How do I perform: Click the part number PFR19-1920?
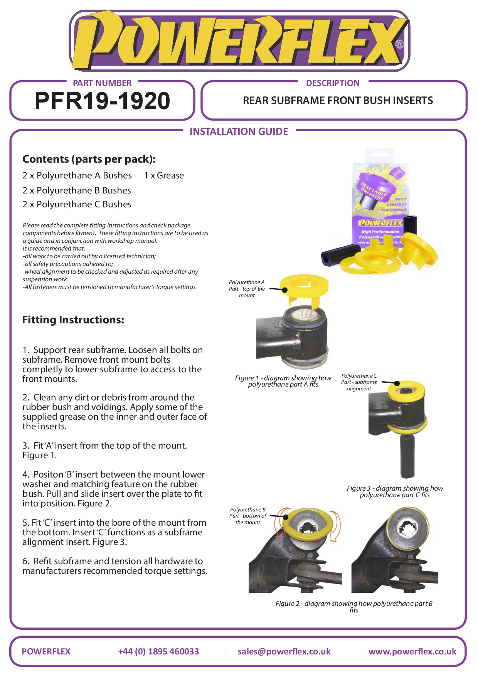(102, 101)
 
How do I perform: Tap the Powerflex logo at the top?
(239, 40)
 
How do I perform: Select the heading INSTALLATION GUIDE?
(239, 132)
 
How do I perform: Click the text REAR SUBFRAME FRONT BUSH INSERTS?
(338, 101)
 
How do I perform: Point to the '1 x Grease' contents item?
(164, 175)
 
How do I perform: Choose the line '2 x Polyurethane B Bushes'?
(77, 190)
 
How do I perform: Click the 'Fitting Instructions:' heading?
(73, 320)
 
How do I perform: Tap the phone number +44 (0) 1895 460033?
(158, 651)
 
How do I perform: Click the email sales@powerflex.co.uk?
(284, 651)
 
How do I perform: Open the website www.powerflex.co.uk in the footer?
(412, 651)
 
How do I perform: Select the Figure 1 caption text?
(283, 381)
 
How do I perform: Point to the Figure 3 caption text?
(395, 491)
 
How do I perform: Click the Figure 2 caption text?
(354, 606)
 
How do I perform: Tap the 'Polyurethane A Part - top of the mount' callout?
(247, 289)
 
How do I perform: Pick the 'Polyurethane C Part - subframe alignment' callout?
(359, 382)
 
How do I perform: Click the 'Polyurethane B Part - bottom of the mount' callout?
(248, 516)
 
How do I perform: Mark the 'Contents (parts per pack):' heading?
(89, 159)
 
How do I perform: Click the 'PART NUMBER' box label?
(102, 83)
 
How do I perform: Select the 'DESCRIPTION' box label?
(333, 83)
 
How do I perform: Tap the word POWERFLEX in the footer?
(46, 651)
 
